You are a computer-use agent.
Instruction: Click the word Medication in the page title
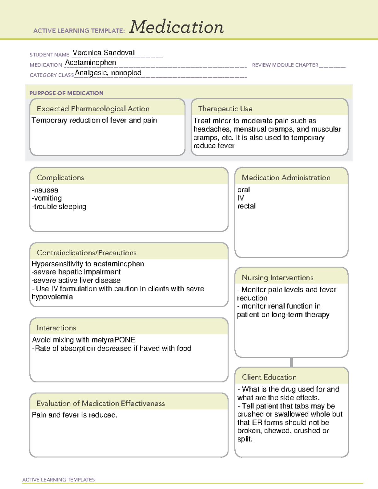point(176,27)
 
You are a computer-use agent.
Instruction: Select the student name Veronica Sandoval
point(103,53)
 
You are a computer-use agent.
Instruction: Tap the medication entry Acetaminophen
point(90,63)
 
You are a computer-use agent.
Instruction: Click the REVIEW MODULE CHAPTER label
point(285,65)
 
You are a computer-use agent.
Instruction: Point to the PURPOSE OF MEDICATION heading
point(66,93)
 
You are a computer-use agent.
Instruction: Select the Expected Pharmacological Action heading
point(93,109)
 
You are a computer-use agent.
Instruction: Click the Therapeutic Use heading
point(225,109)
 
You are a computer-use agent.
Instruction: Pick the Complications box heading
point(60,178)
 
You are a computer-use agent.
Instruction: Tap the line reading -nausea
point(45,190)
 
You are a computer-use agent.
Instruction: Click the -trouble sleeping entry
point(59,207)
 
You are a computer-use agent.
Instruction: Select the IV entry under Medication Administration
point(241,198)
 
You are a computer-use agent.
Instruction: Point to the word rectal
point(246,206)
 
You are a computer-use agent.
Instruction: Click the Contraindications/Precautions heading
point(87,253)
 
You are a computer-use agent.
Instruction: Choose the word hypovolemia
point(52,297)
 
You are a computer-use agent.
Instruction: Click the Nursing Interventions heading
point(278,278)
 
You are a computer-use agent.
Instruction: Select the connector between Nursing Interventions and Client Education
point(291,362)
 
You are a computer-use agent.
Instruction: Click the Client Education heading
point(269,377)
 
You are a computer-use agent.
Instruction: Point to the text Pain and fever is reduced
point(75,415)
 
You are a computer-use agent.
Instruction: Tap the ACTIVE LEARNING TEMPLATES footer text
point(59,480)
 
